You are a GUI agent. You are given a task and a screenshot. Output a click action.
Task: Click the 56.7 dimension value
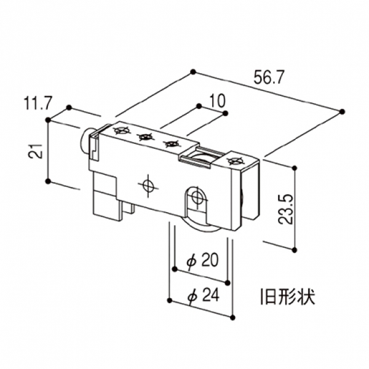(x=268, y=77)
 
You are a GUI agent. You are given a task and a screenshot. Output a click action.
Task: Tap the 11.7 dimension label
(x=38, y=103)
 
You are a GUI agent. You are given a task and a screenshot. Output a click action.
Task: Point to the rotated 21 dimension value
(x=36, y=151)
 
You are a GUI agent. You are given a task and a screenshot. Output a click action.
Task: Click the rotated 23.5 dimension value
(x=285, y=209)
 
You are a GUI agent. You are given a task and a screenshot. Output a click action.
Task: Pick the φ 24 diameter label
(x=204, y=295)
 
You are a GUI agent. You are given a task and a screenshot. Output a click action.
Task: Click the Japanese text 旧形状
(x=288, y=296)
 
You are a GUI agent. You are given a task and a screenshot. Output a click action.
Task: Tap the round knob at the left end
(x=85, y=143)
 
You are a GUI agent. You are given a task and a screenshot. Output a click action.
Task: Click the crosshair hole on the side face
(x=148, y=186)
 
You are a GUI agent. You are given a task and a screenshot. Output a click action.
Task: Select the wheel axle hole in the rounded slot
(x=197, y=197)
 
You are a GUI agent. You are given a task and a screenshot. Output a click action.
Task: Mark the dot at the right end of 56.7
(x=343, y=111)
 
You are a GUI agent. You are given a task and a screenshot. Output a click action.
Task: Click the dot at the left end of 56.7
(x=192, y=71)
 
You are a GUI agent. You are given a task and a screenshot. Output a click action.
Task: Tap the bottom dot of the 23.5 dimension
(x=294, y=250)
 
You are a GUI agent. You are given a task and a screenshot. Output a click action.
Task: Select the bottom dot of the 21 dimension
(x=48, y=181)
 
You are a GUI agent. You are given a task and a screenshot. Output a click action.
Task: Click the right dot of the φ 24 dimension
(x=232, y=318)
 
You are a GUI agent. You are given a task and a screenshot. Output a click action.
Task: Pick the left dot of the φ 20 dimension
(x=175, y=269)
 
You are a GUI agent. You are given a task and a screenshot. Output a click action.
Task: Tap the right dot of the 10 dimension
(x=225, y=113)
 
